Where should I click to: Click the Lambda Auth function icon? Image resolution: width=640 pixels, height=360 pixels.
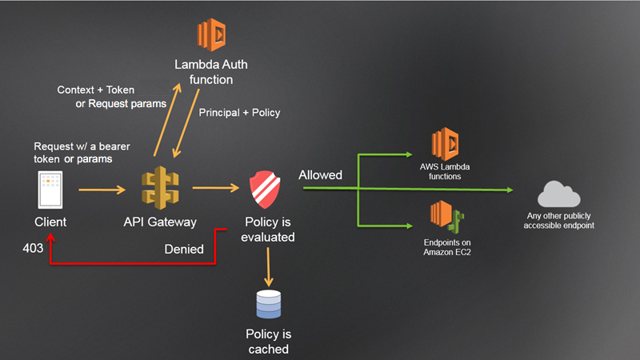coord(211,36)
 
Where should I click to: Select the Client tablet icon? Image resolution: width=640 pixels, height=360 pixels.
coord(50,190)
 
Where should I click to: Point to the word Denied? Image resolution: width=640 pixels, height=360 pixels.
coord(184,250)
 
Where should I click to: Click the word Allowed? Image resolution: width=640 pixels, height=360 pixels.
coord(320,174)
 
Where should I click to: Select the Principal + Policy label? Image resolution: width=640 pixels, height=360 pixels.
coord(239,113)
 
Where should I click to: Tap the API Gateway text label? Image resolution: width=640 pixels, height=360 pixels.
coord(160,222)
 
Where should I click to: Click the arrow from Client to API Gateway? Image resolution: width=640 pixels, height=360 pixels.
coord(102,190)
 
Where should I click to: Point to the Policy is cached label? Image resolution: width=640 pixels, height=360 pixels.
coord(268,342)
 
